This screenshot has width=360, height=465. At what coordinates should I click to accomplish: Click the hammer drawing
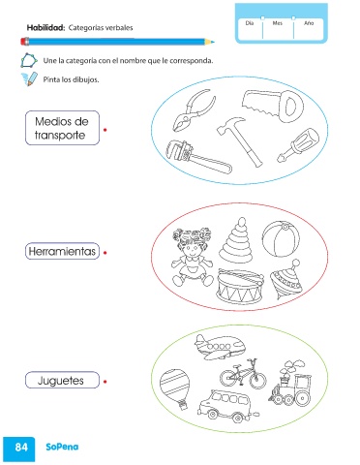coord(240,140)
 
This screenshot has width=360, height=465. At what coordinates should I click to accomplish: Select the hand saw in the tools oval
coord(274,106)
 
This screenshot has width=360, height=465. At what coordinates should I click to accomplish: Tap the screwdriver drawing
coord(297,144)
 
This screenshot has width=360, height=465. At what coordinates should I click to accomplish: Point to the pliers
coord(194,110)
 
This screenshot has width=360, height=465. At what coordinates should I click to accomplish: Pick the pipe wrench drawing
coord(197,157)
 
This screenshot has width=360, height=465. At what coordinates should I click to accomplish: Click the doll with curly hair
coord(193,257)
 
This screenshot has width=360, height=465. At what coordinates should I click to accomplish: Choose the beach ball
coord(281,239)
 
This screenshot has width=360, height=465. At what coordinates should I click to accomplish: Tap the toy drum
coord(240,286)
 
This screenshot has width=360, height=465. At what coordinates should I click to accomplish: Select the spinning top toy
coord(286,280)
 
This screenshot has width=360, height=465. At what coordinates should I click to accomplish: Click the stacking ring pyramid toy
coord(236,239)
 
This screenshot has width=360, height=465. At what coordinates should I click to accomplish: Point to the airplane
coord(220,347)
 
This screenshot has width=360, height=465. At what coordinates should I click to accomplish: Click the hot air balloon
coord(175,388)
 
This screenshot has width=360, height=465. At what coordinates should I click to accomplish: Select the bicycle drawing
coord(243,374)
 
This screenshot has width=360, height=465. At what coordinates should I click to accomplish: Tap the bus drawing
coord(225,406)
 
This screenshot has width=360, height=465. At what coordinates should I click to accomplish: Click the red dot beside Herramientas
coord(105,253)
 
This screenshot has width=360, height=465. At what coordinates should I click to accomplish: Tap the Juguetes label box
coord(62,380)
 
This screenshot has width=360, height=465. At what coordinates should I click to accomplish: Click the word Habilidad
coord(45,28)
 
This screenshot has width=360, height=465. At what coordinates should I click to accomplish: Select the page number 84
coord(21,447)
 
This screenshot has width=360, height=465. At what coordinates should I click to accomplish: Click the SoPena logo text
coord(62,447)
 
